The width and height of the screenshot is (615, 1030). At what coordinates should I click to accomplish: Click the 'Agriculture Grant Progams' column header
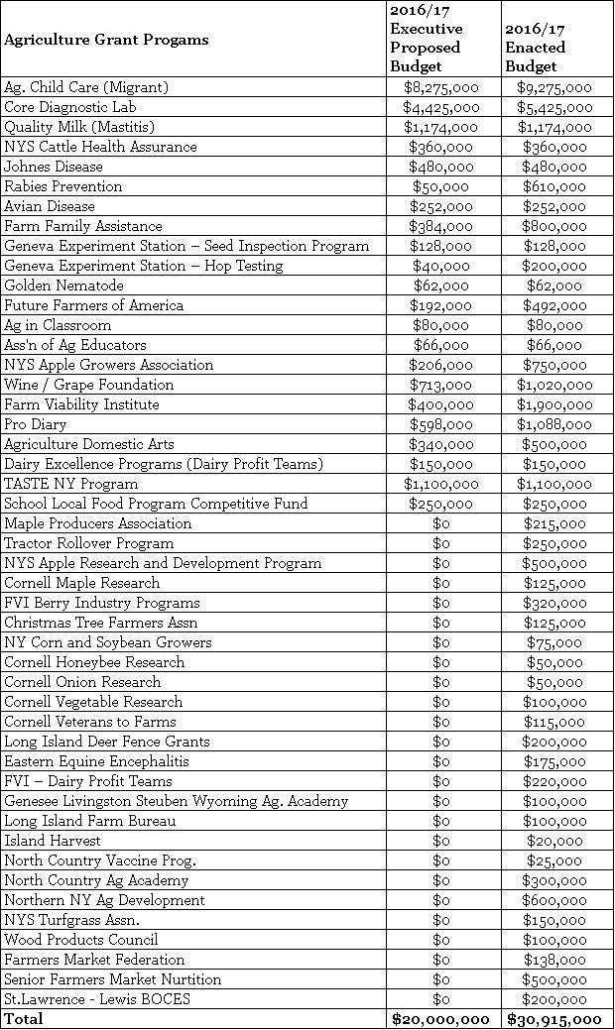pyautogui.click(x=106, y=40)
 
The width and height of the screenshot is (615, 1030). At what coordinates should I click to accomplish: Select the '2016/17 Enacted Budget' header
pyautogui.click(x=535, y=48)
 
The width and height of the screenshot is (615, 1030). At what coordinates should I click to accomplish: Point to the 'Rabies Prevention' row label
pyautogui.click(x=63, y=186)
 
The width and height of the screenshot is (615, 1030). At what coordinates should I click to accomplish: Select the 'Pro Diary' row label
pyautogui.click(x=36, y=424)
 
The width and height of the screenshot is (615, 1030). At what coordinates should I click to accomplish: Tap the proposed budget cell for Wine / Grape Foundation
pyautogui.click(x=440, y=385)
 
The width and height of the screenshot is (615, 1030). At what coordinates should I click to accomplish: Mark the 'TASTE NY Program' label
pyautogui.click(x=70, y=484)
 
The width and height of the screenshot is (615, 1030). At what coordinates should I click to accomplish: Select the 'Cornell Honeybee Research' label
pyautogui.click(x=94, y=662)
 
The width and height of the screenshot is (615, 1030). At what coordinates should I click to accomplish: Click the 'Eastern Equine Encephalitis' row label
pyautogui.click(x=96, y=761)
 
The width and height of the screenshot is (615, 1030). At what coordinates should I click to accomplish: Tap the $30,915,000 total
pyautogui.click(x=554, y=1019)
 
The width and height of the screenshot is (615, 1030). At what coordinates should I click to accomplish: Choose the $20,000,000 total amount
pyautogui.click(x=440, y=1019)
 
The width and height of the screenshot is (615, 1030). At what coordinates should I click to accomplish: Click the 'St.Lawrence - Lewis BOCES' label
pyautogui.click(x=96, y=999)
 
